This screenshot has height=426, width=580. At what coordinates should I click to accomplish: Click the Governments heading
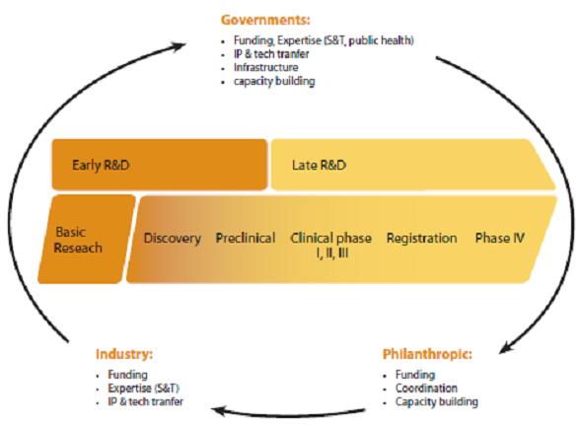pyautogui.click(x=265, y=20)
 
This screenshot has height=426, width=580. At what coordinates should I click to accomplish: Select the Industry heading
pyautogui.click(x=124, y=354)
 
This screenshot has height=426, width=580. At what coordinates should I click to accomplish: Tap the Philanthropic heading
pyautogui.click(x=427, y=354)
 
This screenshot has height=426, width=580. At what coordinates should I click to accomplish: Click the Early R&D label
pyautogui.click(x=101, y=165)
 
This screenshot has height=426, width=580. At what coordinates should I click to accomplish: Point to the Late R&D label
pyautogui.click(x=319, y=165)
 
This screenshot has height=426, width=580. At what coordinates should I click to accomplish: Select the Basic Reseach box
pyautogui.click(x=87, y=240)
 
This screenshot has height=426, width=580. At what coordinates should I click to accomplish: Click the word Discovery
pyautogui.click(x=173, y=239)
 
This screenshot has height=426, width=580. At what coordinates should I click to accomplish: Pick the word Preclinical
pyautogui.click(x=246, y=238)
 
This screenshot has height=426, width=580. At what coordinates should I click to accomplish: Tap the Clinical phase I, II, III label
pyautogui.click(x=331, y=246)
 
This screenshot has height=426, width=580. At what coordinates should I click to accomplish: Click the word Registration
pyautogui.click(x=422, y=239)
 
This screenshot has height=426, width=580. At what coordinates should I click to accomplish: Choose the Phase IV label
pyautogui.click(x=500, y=238)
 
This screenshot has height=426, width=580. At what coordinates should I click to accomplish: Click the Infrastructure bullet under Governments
pyautogui.click(x=266, y=67)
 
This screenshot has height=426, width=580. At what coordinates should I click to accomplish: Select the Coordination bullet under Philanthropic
pyautogui.click(x=426, y=389)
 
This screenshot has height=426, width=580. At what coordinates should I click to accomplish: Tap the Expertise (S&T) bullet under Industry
pyautogui.click(x=144, y=389)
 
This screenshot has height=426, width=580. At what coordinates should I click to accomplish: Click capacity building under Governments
pyautogui.click(x=274, y=81)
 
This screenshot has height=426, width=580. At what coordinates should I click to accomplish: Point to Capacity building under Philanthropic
pyautogui.click(x=436, y=402)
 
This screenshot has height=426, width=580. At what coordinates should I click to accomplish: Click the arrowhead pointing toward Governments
pyautogui.click(x=179, y=46)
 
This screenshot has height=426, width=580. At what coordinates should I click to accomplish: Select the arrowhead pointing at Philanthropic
pyautogui.click(x=506, y=347)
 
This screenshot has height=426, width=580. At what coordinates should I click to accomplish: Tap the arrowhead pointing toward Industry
pyautogui.click(x=220, y=411)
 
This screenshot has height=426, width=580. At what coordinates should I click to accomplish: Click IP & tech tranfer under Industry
pyautogui.click(x=145, y=401)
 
